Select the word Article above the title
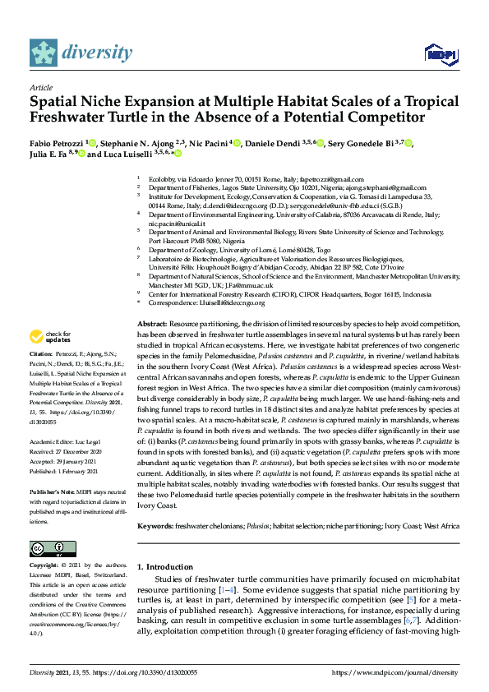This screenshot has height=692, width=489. (x=41, y=86)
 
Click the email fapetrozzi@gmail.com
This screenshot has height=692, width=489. (x=331, y=179)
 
